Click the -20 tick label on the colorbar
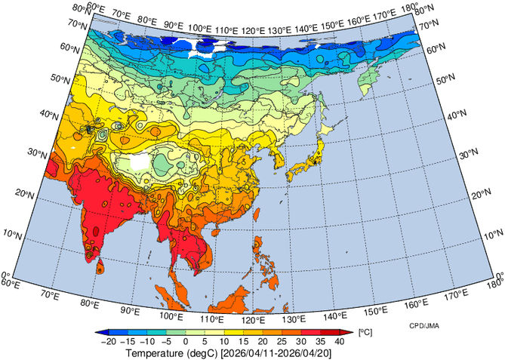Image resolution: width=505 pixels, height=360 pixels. pyautogui.click(x=109, y=341)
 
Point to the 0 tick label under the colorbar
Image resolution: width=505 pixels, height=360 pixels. pyautogui.click(x=186, y=341)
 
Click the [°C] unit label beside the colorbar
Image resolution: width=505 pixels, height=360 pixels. pyautogui.click(x=364, y=332)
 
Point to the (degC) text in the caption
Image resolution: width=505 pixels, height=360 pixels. pyautogui.click(x=204, y=352)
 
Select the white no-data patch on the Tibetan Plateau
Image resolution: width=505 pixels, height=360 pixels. pyautogui.click(x=140, y=161)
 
